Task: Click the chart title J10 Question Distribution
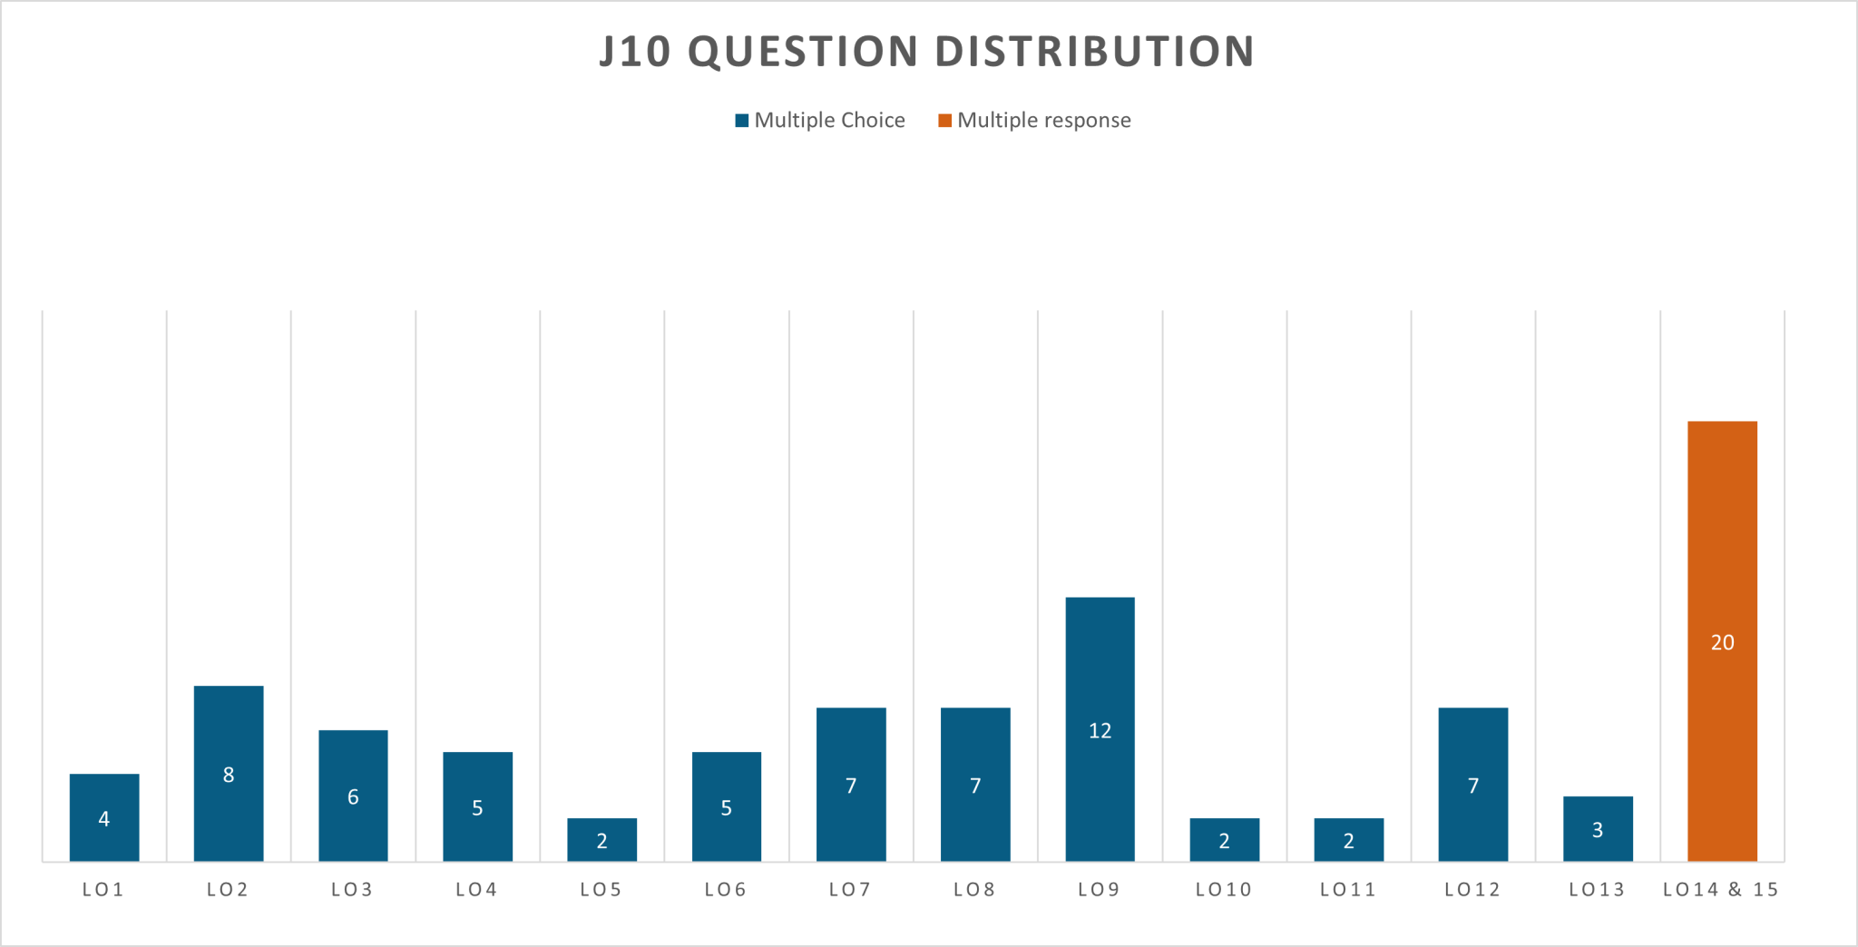click(927, 52)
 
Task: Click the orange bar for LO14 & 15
click(1722, 544)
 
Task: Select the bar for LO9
click(1100, 671)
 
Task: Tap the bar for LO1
click(104, 798)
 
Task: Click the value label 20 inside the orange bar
click(1722, 643)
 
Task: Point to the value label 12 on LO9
click(1100, 731)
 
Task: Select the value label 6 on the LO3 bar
click(353, 797)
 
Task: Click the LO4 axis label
click(477, 890)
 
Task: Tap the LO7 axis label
click(851, 890)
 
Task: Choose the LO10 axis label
click(1224, 890)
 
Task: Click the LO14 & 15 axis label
click(1721, 890)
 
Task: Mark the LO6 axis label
click(726, 890)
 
